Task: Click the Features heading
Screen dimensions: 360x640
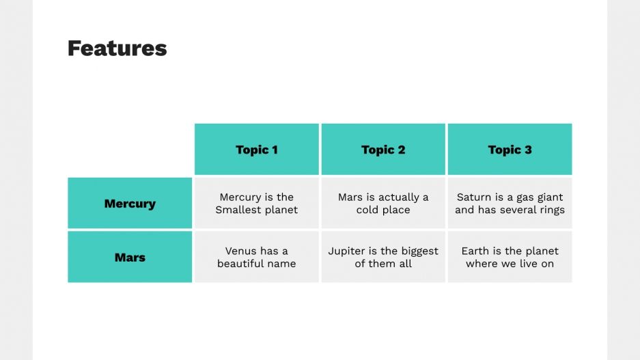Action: click(x=117, y=49)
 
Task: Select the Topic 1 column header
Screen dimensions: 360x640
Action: click(x=257, y=150)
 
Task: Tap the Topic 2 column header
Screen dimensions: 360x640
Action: click(x=383, y=150)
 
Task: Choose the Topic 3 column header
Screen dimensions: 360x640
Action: click(x=510, y=150)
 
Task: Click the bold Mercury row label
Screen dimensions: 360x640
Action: click(x=130, y=204)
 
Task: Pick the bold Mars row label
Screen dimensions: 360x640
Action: click(x=130, y=258)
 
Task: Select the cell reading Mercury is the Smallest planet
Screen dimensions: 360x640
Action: click(x=257, y=204)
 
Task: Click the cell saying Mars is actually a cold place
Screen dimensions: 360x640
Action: click(x=383, y=204)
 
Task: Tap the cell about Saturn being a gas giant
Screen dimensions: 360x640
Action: click(x=510, y=204)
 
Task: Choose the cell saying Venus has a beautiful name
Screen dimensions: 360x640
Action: click(x=257, y=258)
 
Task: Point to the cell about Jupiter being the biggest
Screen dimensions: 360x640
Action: click(x=383, y=258)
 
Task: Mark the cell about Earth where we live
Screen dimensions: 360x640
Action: click(x=510, y=258)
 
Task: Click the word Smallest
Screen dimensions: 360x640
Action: click(x=238, y=210)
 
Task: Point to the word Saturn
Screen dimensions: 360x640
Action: click(x=474, y=197)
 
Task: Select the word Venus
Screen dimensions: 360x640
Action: click(x=242, y=251)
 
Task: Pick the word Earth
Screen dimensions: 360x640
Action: click(x=475, y=251)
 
